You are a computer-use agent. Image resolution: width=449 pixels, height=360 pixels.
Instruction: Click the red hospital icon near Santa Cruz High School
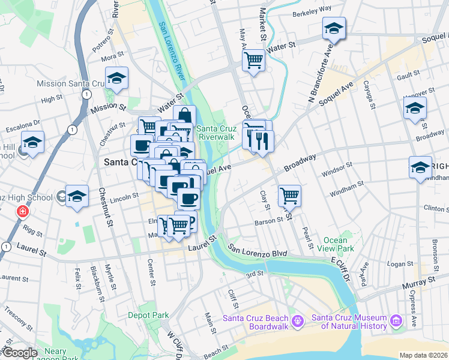pos(22,212)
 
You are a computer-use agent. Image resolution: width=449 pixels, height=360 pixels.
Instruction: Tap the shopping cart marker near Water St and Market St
pos(253,60)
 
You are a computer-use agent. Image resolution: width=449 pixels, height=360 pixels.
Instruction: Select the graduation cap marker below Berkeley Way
pos(334,28)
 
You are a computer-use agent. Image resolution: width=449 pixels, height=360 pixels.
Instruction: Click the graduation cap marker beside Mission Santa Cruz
pos(116,78)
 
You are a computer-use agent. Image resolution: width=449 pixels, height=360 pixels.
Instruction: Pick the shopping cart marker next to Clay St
pos(289,195)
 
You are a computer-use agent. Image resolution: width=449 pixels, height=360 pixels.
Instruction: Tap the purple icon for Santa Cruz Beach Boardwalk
pos(297,322)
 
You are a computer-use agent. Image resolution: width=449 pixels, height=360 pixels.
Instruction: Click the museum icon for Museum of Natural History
pos(396,322)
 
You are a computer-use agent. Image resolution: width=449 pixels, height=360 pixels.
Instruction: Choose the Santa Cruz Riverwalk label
pos(214,133)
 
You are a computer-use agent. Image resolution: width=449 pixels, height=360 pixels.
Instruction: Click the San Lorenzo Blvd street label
pos(258,253)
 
